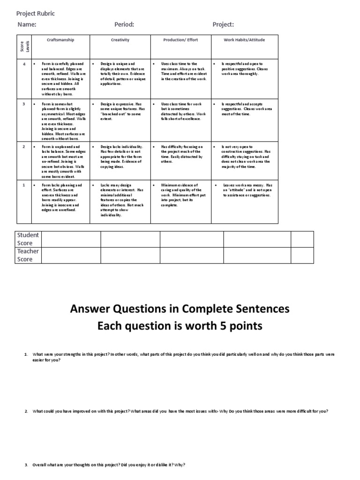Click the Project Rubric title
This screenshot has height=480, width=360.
tap(36, 14)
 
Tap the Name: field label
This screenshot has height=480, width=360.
tap(27, 25)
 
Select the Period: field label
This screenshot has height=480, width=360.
tap(124, 25)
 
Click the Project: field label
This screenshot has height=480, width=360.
tap(223, 25)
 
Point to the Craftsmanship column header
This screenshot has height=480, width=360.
tap(60, 40)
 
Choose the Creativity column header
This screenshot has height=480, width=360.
tap(120, 40)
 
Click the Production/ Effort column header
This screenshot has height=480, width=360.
tap(180, 40)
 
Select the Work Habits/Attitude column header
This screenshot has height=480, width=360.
tap(244, 40)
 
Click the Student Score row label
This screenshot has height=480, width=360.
tap(28, 239)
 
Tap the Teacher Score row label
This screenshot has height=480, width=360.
tap(28, 255)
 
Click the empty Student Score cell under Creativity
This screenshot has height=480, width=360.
tap(130, 239)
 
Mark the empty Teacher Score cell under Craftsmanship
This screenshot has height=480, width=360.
tap(71, 255)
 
